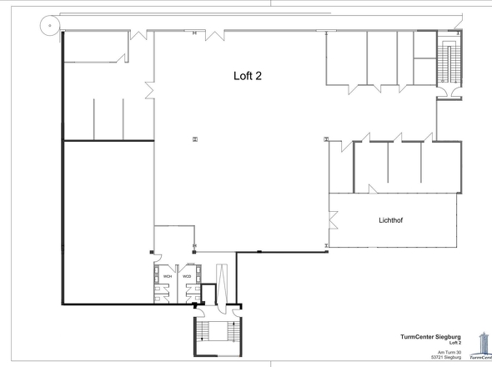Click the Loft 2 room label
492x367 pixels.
(248, 75)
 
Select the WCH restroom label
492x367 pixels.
(168, 276)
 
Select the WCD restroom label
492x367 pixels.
(187, 276)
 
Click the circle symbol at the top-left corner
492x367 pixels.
(50, 26)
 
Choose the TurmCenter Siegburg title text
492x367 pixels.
(431, 337)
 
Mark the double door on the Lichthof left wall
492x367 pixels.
(332, 221)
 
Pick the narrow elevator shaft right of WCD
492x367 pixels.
(221, 279)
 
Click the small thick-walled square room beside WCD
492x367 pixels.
(209, 294)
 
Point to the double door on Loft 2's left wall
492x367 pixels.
(150, 88)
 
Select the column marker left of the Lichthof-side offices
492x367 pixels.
(326, 138)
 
